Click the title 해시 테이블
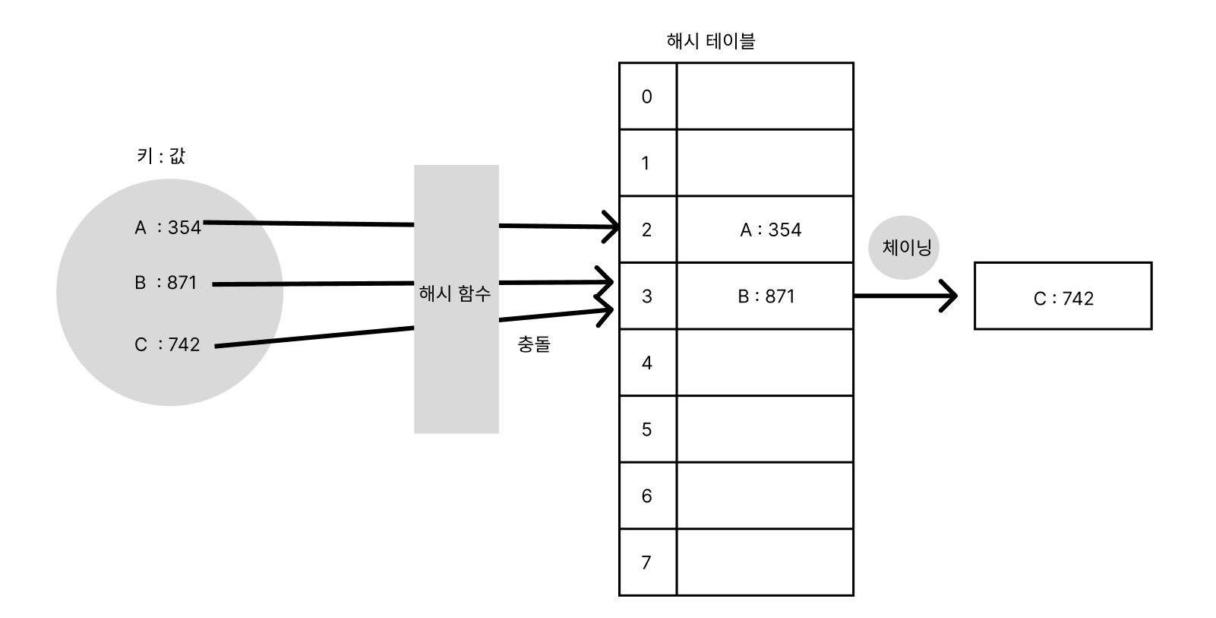tap(710, 41)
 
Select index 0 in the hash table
tap(647, 97)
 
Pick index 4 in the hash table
tap(647, 363)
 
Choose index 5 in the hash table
tap(647, 429)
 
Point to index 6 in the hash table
tap(647, 496)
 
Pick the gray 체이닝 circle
tap(905, 247)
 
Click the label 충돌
tap(534, 344)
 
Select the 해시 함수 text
tap(455, 293)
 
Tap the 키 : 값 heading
tap(160, 156)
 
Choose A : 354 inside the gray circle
tap(168, 227)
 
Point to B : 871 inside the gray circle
tap(166, 283)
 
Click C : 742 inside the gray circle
tap(167, 344)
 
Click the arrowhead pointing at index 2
tap(612, 227)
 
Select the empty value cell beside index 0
tap(765, 97)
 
